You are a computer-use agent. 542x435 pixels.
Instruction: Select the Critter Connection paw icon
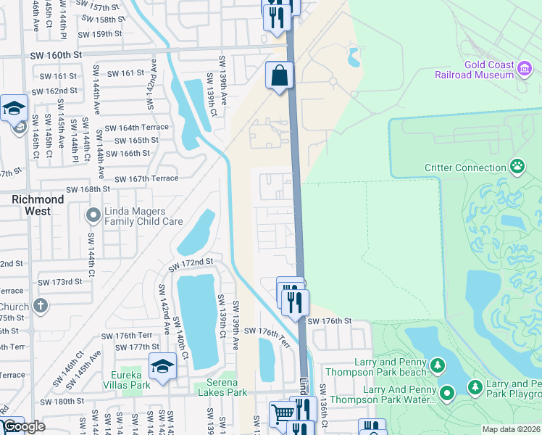point(517,167)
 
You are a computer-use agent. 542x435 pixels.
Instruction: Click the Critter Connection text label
point(465,167)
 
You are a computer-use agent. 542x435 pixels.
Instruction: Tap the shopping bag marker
point(279,75)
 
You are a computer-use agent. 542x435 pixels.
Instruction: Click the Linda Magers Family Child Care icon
point(93,215)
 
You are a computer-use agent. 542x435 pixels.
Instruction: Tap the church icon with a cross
point(41,305)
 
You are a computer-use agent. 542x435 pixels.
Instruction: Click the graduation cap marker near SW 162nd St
point(14,109)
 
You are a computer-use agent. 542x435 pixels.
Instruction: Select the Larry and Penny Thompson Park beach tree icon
point(437,364)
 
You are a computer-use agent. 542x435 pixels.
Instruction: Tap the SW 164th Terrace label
point(136,128)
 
